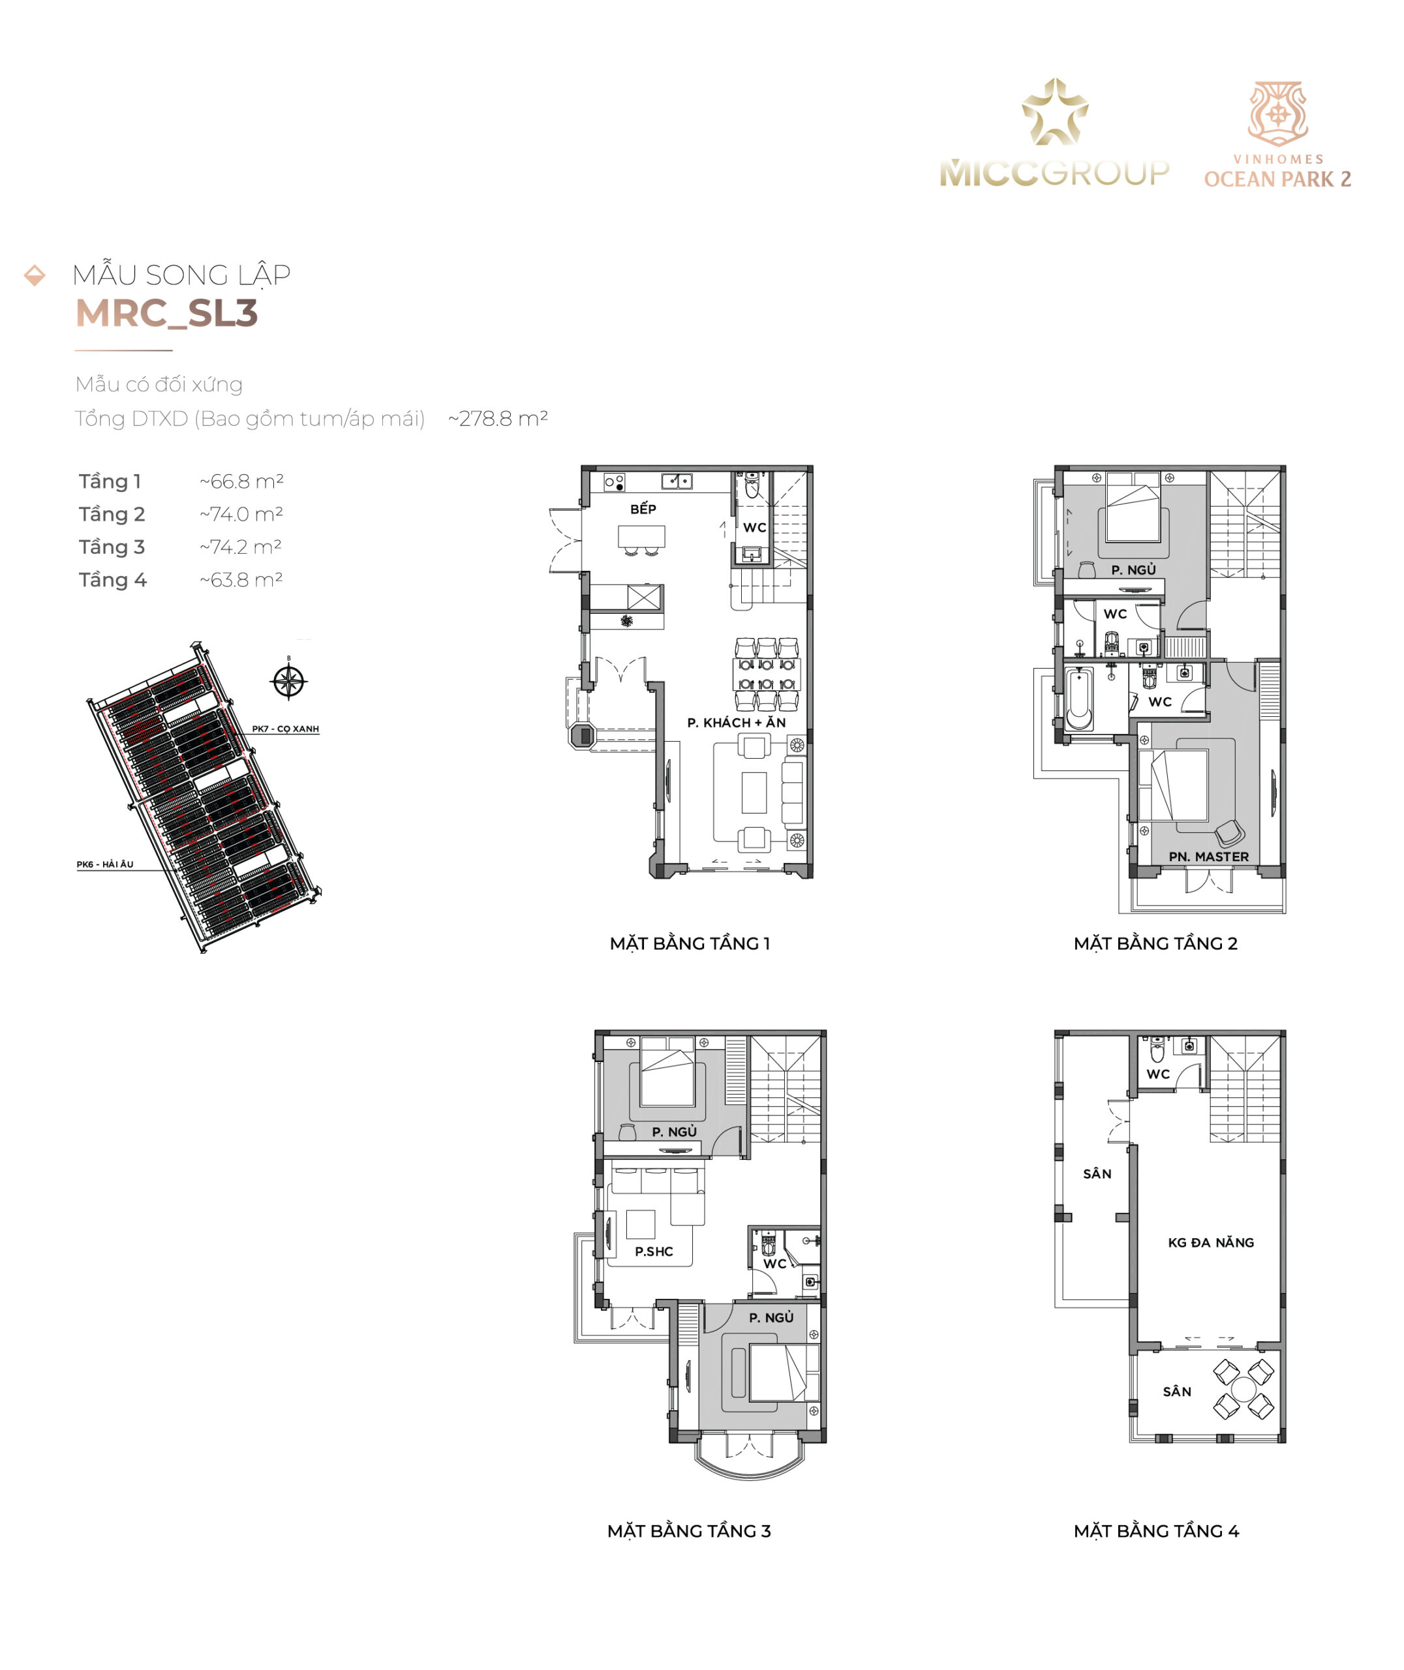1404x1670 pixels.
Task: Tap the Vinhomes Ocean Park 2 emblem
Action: [x=1277, y=114]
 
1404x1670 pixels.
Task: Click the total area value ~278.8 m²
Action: [x=498, y=419]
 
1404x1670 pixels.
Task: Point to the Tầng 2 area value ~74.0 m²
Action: [x=242, y=514]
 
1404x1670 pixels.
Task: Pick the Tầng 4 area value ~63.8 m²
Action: [x=242, y=580]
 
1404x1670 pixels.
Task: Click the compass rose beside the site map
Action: [x=288, y=680]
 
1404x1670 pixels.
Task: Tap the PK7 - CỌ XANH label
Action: [x=285, y=729]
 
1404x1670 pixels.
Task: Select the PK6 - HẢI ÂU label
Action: [x=105, y=864]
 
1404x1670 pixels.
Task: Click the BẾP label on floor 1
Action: [x=643, y=509]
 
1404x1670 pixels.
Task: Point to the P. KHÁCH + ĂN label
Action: [x=736, y=722]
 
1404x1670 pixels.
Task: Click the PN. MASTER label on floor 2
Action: [x=1208, y=857]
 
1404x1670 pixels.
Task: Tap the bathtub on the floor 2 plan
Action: [x=1079, y=699]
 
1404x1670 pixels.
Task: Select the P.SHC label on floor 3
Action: [x=654, y=1251]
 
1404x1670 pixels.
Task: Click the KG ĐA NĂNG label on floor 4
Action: [x=1211, y=1243]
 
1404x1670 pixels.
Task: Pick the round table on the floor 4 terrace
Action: [x=1244, y=1388]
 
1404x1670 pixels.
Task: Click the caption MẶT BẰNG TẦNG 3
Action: [x=689, y=1532]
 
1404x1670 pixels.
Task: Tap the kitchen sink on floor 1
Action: [x=677, y=481]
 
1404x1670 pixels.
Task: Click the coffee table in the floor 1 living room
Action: [x=754, y=792]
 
